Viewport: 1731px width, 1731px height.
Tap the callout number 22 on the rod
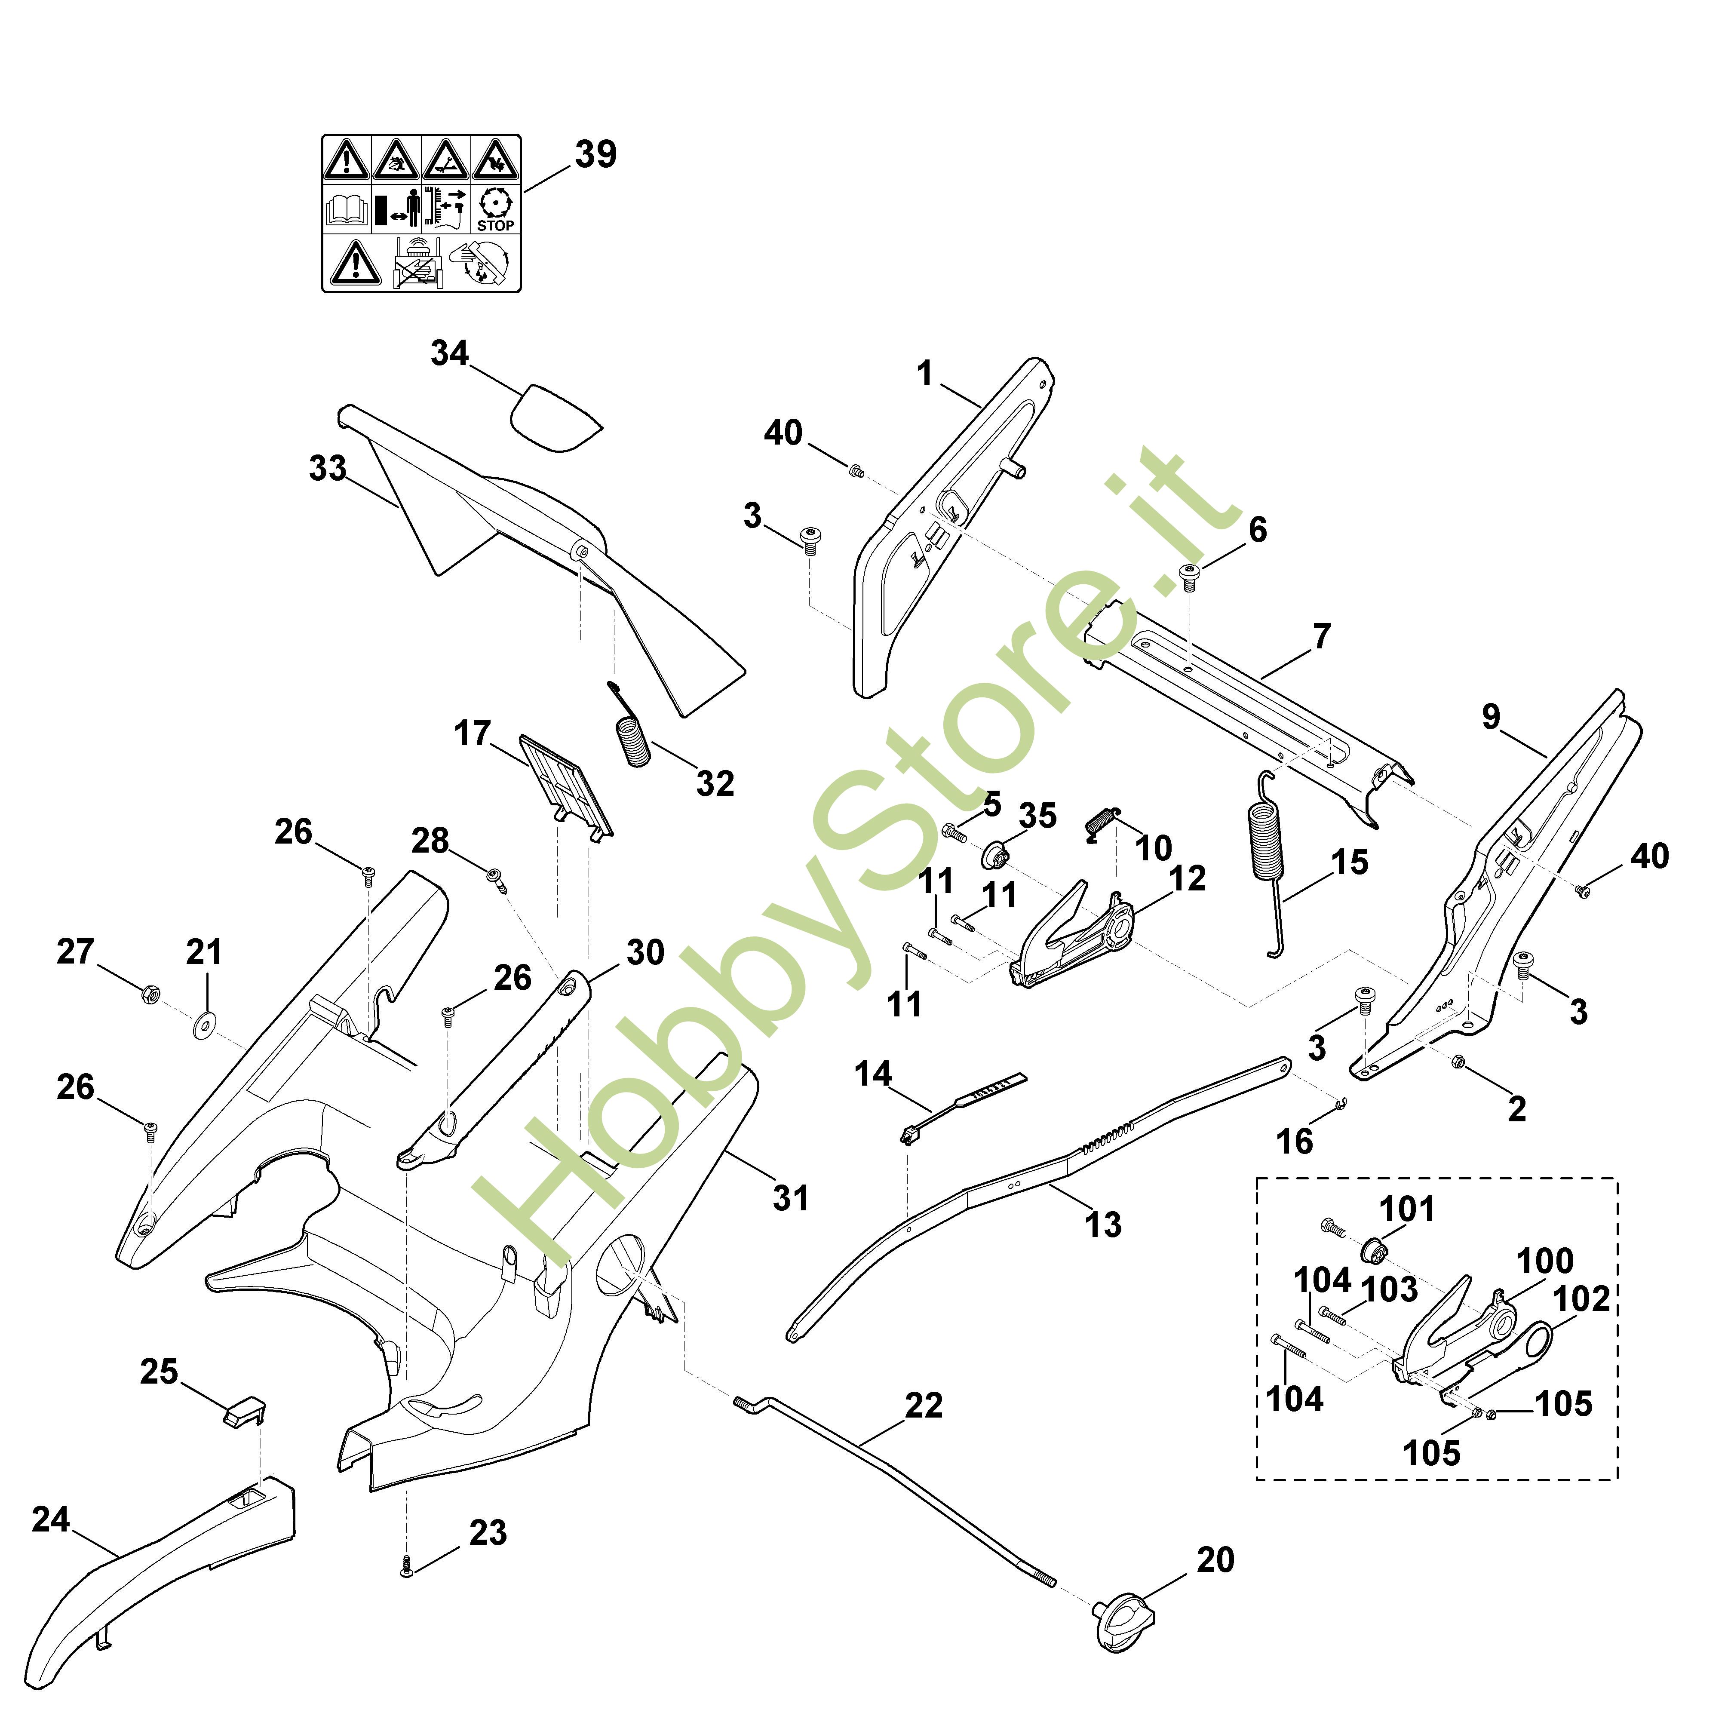(924, 1406)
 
